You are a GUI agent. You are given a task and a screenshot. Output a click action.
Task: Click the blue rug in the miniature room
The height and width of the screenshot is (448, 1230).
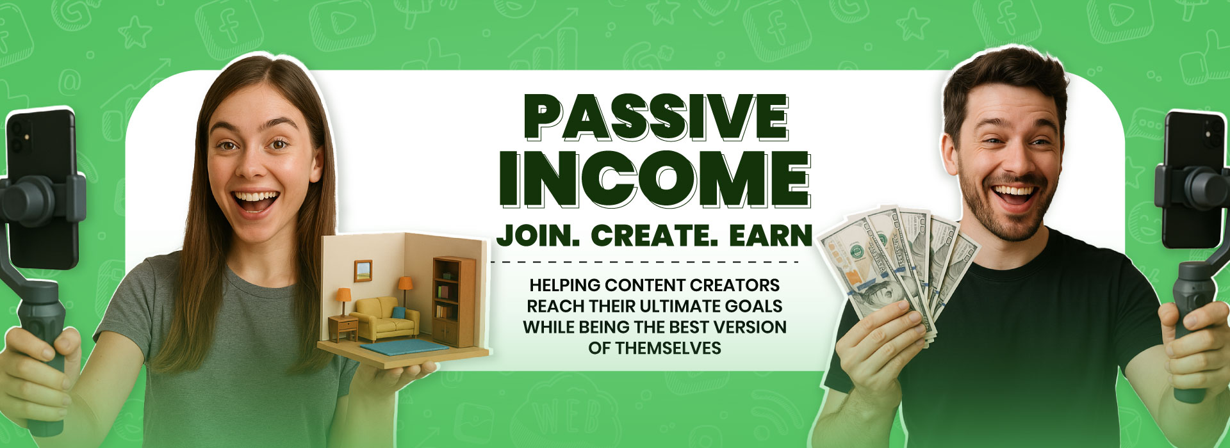click(x=404, y=348)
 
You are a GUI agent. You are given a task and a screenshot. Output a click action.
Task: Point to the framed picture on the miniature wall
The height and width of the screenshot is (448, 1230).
click(x=363, y=271)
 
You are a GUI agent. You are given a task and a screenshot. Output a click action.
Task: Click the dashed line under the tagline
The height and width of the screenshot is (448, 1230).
click(x=644, y=262)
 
